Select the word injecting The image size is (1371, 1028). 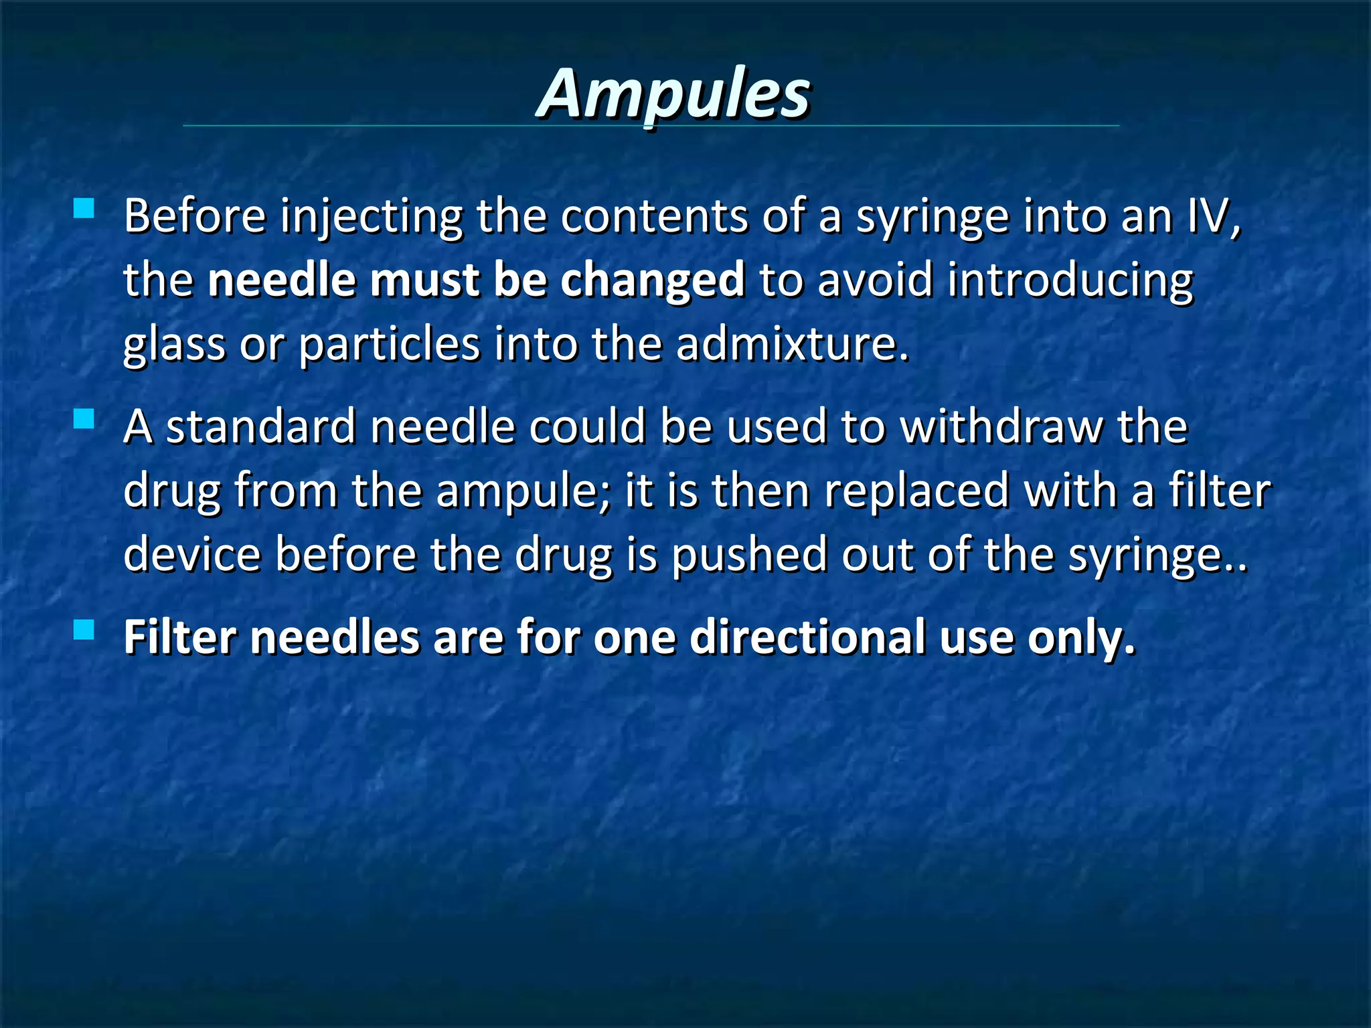coord(371,218)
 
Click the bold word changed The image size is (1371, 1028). coord(652,280)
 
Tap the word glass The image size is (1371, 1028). coord(174,345)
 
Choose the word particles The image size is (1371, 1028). coord(389,345)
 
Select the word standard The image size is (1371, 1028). coord(260,426)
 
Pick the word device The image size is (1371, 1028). coord(192,555)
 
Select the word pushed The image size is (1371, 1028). coord(749,555)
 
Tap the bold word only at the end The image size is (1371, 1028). coord(1081,638)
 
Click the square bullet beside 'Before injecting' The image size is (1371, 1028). coord(84,209)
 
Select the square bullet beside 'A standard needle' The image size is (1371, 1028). coord(84,419)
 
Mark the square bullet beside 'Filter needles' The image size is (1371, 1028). coord(84,630)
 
